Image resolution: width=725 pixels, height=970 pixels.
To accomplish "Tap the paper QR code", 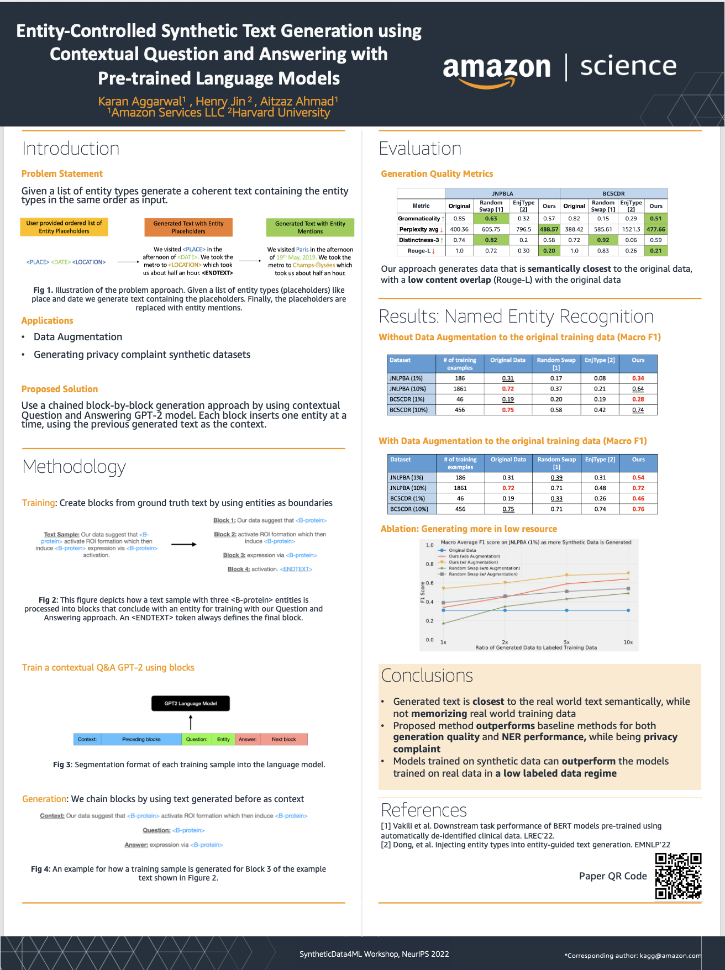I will [x=678, y=876].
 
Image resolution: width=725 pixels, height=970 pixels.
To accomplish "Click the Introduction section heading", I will [x=71, y=149].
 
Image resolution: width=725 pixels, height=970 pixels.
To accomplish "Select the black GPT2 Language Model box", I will [x=191, y=703].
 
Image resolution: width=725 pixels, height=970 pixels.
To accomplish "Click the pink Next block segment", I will [x=283, y=739].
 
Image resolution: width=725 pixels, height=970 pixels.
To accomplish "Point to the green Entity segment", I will [x=223, y=739].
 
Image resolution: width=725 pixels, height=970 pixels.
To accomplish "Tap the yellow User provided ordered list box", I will [x=64, y=227].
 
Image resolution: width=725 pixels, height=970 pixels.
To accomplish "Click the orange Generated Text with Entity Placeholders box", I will [x=188, y=227].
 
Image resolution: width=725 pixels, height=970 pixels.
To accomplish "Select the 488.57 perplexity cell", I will [x=549, y=229].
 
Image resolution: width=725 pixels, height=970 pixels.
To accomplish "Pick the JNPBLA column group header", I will [x=502, y=193].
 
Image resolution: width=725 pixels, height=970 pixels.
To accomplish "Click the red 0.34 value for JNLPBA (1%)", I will [x=638, y=378].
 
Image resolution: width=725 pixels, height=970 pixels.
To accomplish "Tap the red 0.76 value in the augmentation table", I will [x=638, y=509].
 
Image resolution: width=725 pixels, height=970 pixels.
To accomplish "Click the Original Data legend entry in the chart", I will [x=462, y=550].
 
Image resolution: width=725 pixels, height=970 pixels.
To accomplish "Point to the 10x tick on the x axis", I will [x=628, y=642].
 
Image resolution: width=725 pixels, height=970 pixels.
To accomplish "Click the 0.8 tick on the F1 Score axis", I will [x=429, y=564].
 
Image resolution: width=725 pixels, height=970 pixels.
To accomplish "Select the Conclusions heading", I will [x=427, y=676].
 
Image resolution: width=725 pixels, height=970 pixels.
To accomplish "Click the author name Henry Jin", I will [x=224, y=101].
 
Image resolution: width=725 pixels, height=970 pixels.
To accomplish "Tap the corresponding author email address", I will [x=670, y=955].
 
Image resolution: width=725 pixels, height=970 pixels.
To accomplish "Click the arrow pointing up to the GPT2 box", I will [x=191, y=722].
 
